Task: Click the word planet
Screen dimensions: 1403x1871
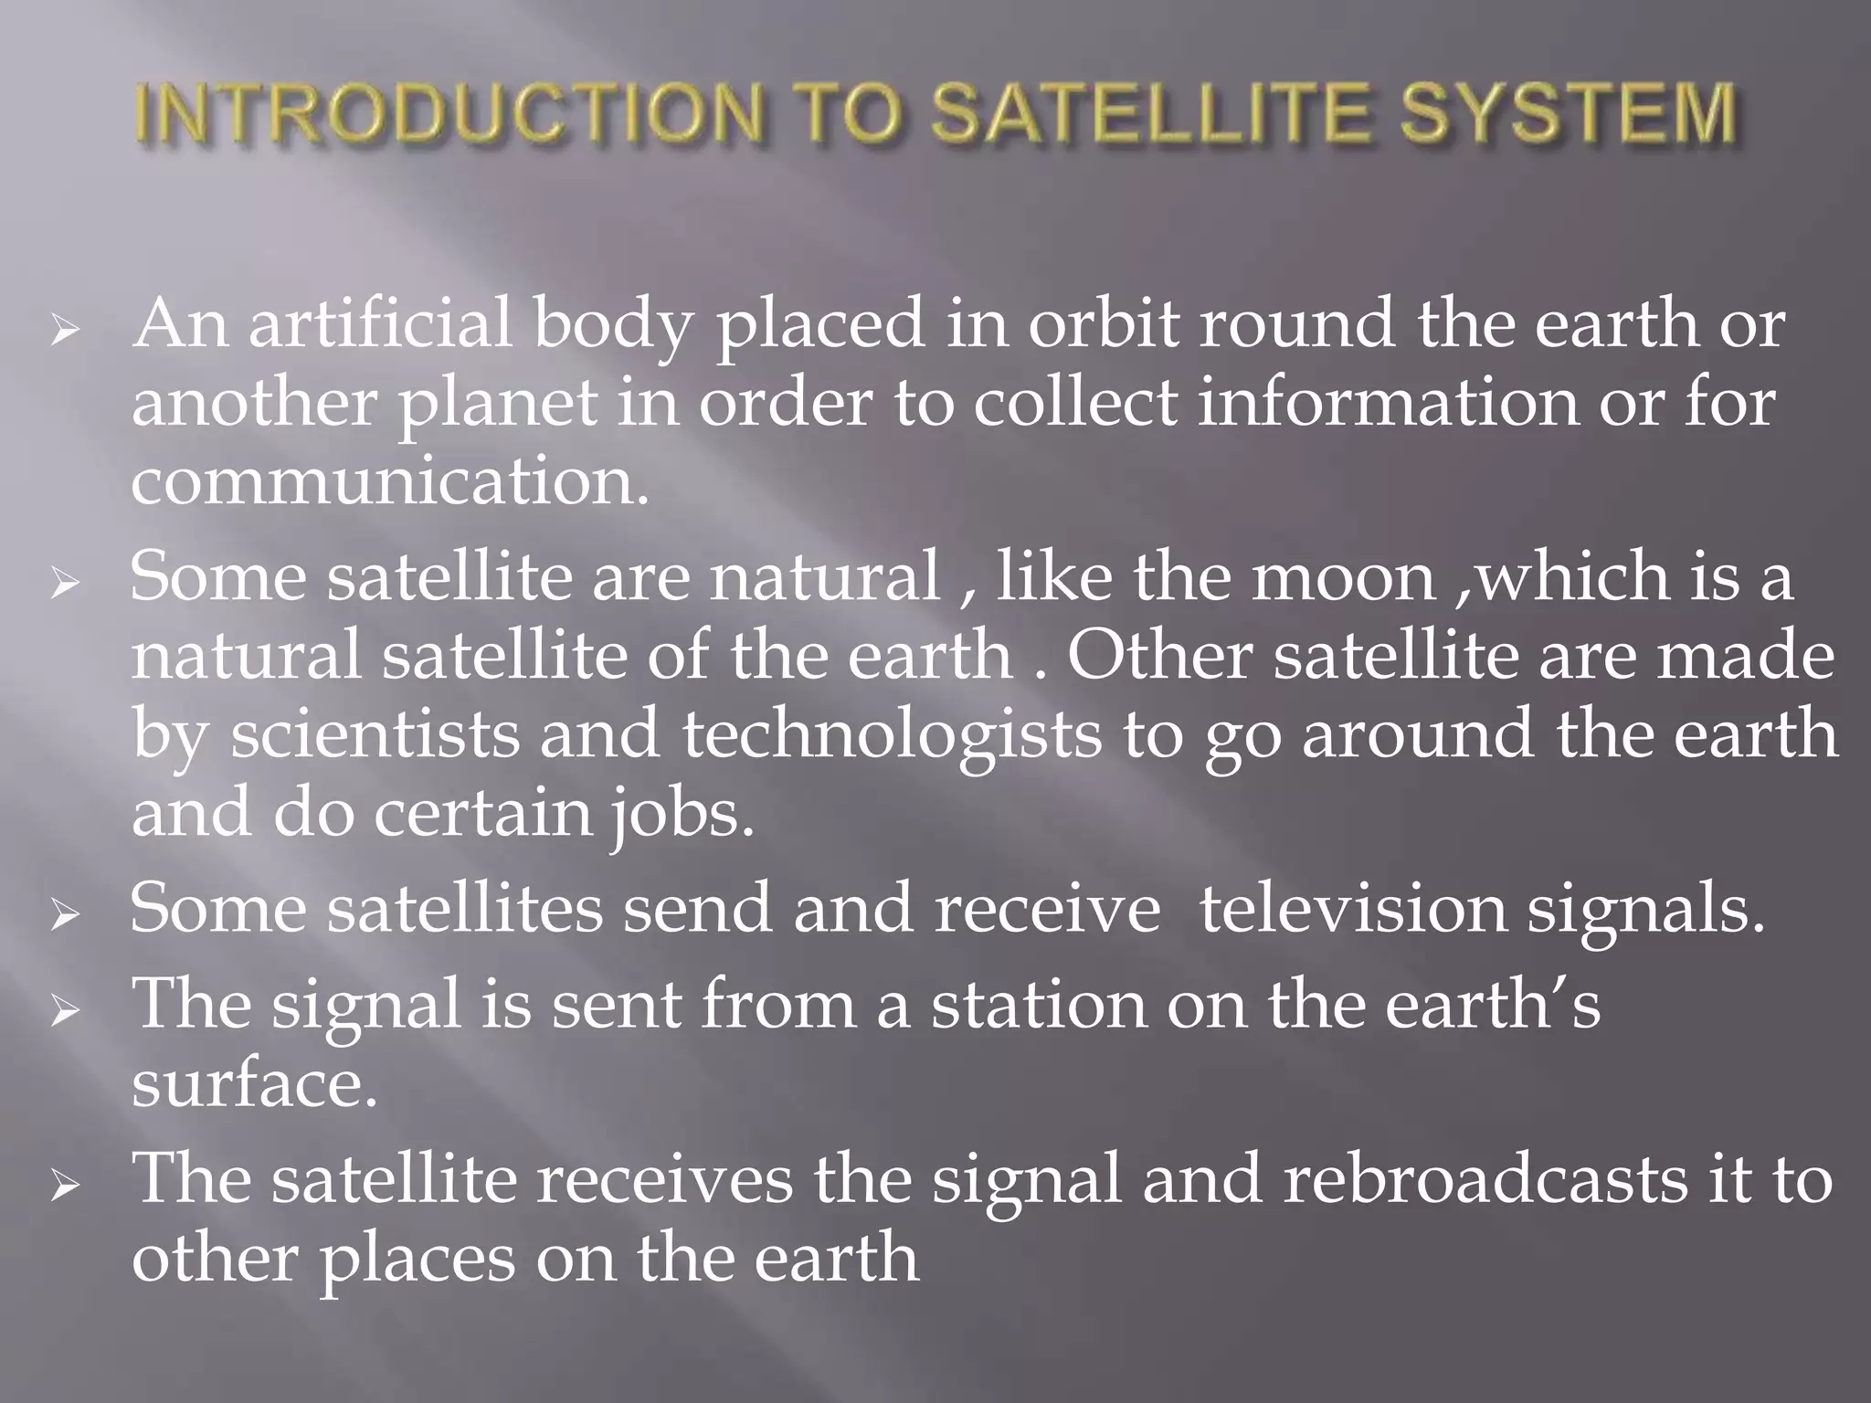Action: [496, 404]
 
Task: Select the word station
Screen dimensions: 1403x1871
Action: [1037, 1004]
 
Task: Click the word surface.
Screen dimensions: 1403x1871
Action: [253, 1084]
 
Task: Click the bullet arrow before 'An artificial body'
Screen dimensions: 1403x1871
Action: [66, 334]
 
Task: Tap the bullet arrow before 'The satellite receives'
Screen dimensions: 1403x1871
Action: [66, 1188]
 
